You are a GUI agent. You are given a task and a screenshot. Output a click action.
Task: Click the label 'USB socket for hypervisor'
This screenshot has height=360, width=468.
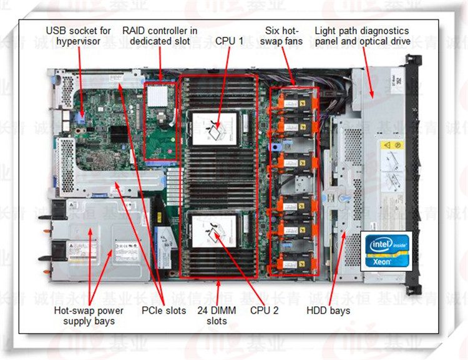(x=79, y=35)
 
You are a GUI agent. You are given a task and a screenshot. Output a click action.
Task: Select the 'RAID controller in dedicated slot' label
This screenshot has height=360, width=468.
(x=160, y=35)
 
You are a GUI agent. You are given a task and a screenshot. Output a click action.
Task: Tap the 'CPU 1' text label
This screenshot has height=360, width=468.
(x=230, y=41)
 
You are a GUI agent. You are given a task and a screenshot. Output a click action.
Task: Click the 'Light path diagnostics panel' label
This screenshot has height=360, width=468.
(x=362, y=35)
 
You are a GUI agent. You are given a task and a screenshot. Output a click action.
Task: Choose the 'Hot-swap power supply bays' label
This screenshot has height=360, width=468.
(x=89, y=316)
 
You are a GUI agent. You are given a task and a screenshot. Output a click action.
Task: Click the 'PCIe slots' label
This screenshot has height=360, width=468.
(x=164, y=311)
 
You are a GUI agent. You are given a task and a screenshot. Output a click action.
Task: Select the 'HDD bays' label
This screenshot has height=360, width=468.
(x=329, y=311)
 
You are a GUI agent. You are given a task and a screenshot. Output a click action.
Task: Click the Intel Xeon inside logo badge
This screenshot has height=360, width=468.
(x=386, y=250)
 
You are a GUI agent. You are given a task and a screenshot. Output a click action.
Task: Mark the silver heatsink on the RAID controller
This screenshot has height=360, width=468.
(x=158, y=95)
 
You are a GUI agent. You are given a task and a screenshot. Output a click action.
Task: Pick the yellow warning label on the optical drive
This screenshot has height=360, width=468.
(x=392, y=145)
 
